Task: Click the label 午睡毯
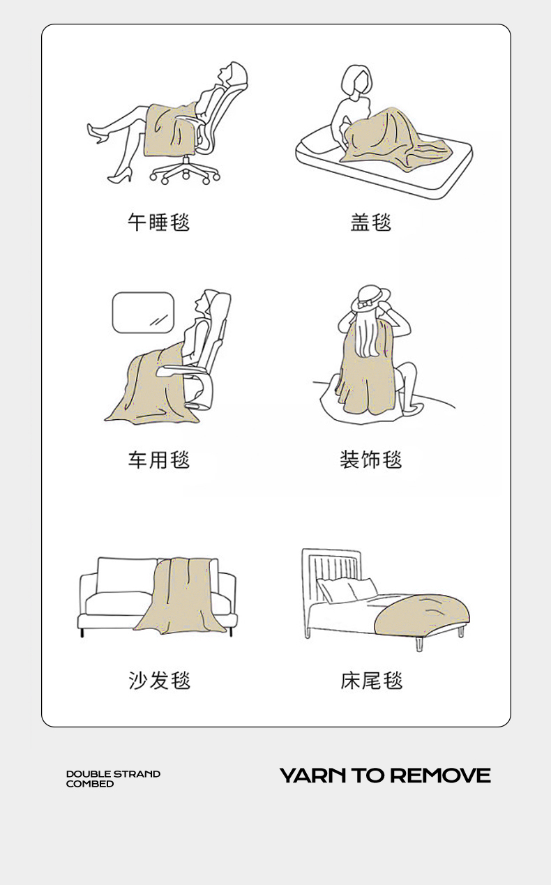(158, 222)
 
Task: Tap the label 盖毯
(371, 222)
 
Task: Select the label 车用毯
(158, 460)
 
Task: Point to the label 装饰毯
(371, 460)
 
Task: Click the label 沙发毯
(159, 681)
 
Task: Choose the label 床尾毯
(372, 681)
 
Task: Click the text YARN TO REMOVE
(385, 776)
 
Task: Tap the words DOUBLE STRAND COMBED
(113, 779)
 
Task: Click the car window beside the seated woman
(143, 312)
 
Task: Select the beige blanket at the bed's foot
(421, 614)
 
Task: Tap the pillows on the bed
(348, 589)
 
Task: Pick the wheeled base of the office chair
(185, 172)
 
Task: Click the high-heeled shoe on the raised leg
(97, 133)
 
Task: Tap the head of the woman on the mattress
(356, 81)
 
